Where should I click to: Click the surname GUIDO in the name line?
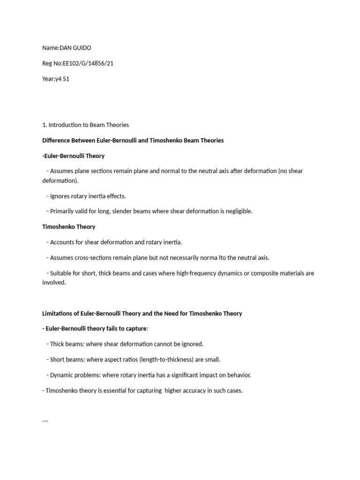(x=82, y=48)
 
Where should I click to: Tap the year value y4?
(x=60, y=79)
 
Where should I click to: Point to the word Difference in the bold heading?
(x=57, y=141)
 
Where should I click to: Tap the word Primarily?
(x=63, y=211)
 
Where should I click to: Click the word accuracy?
(x=189, y=390)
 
